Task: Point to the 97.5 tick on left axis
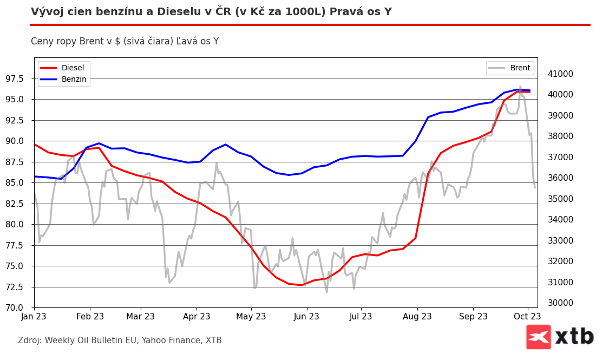coord(19,78)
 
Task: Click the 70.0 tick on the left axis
coord(19,307)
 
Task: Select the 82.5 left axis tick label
coord(19,204)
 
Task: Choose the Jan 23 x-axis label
coord(34,316)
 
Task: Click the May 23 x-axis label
coord(252,316)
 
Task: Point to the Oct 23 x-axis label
coord(527,316)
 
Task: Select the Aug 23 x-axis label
coord(417,316)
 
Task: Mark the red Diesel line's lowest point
coord(302,285)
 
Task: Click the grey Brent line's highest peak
coord(520,86)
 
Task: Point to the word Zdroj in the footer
coord(29,341)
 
